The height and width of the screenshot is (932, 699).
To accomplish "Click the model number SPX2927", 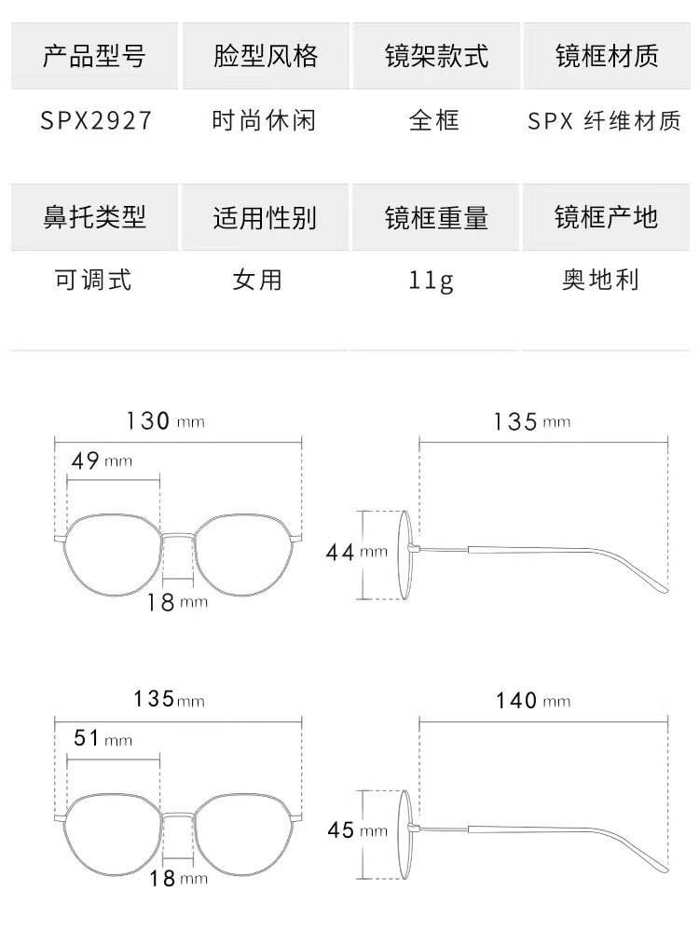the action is coord(95,121).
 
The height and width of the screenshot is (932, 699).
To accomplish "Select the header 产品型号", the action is coord(94,57).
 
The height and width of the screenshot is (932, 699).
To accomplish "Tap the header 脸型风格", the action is coord(265,57).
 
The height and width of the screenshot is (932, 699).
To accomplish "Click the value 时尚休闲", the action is coord(265,121).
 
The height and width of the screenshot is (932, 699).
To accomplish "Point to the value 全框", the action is coord(434,121).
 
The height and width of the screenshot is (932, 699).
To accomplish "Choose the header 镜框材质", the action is coord(606,57).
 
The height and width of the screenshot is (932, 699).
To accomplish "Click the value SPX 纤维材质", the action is coord(605,121).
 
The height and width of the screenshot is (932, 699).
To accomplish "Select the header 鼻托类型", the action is coord(94,217).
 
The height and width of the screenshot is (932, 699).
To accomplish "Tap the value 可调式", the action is coord(94,279).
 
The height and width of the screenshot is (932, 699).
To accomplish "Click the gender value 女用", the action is coord(257,279).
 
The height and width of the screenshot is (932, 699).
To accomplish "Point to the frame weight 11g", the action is coord(432,280).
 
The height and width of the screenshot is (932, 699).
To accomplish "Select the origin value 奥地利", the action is coord(601,279).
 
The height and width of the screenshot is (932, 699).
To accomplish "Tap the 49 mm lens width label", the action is coord(103,460).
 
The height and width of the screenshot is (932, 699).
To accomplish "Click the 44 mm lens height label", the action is coord(355,552).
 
